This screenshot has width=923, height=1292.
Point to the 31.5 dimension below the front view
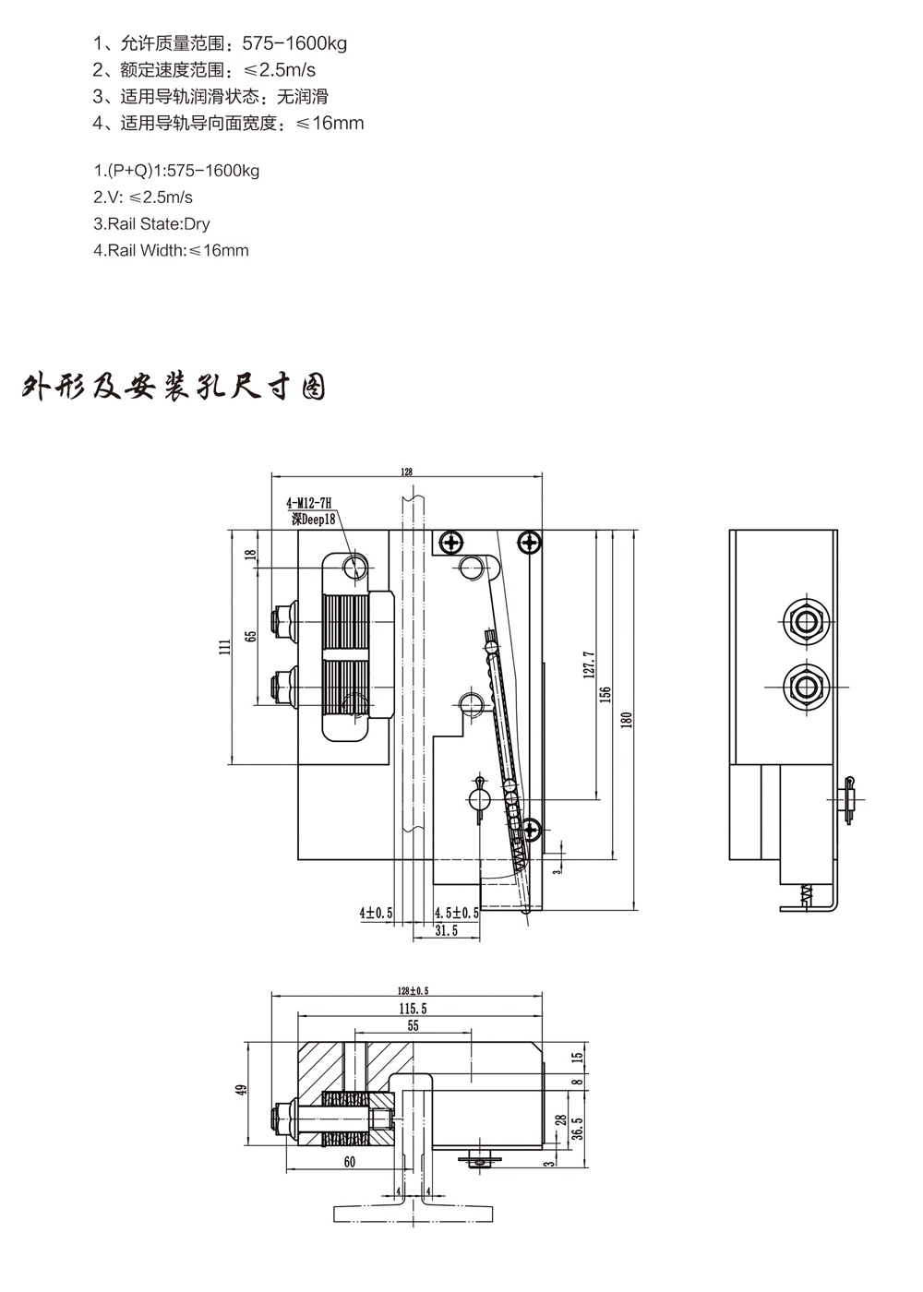[x=447, y=932]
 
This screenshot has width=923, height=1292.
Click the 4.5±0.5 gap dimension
[x=457, y=913]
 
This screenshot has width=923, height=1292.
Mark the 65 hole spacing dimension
[x=250, y=637]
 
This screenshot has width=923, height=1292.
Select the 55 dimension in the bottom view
[x=412, y=1025]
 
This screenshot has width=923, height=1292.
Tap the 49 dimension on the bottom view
[x=243, y=1089]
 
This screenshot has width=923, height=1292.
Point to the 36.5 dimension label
[x=577, y=1127]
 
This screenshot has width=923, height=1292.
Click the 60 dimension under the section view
[x=350, y=1163]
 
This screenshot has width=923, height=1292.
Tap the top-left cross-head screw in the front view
[x=451, y=543]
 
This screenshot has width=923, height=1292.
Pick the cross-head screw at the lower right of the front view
[x=529, y=829]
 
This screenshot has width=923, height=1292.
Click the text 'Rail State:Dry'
[x=152, y=223]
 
